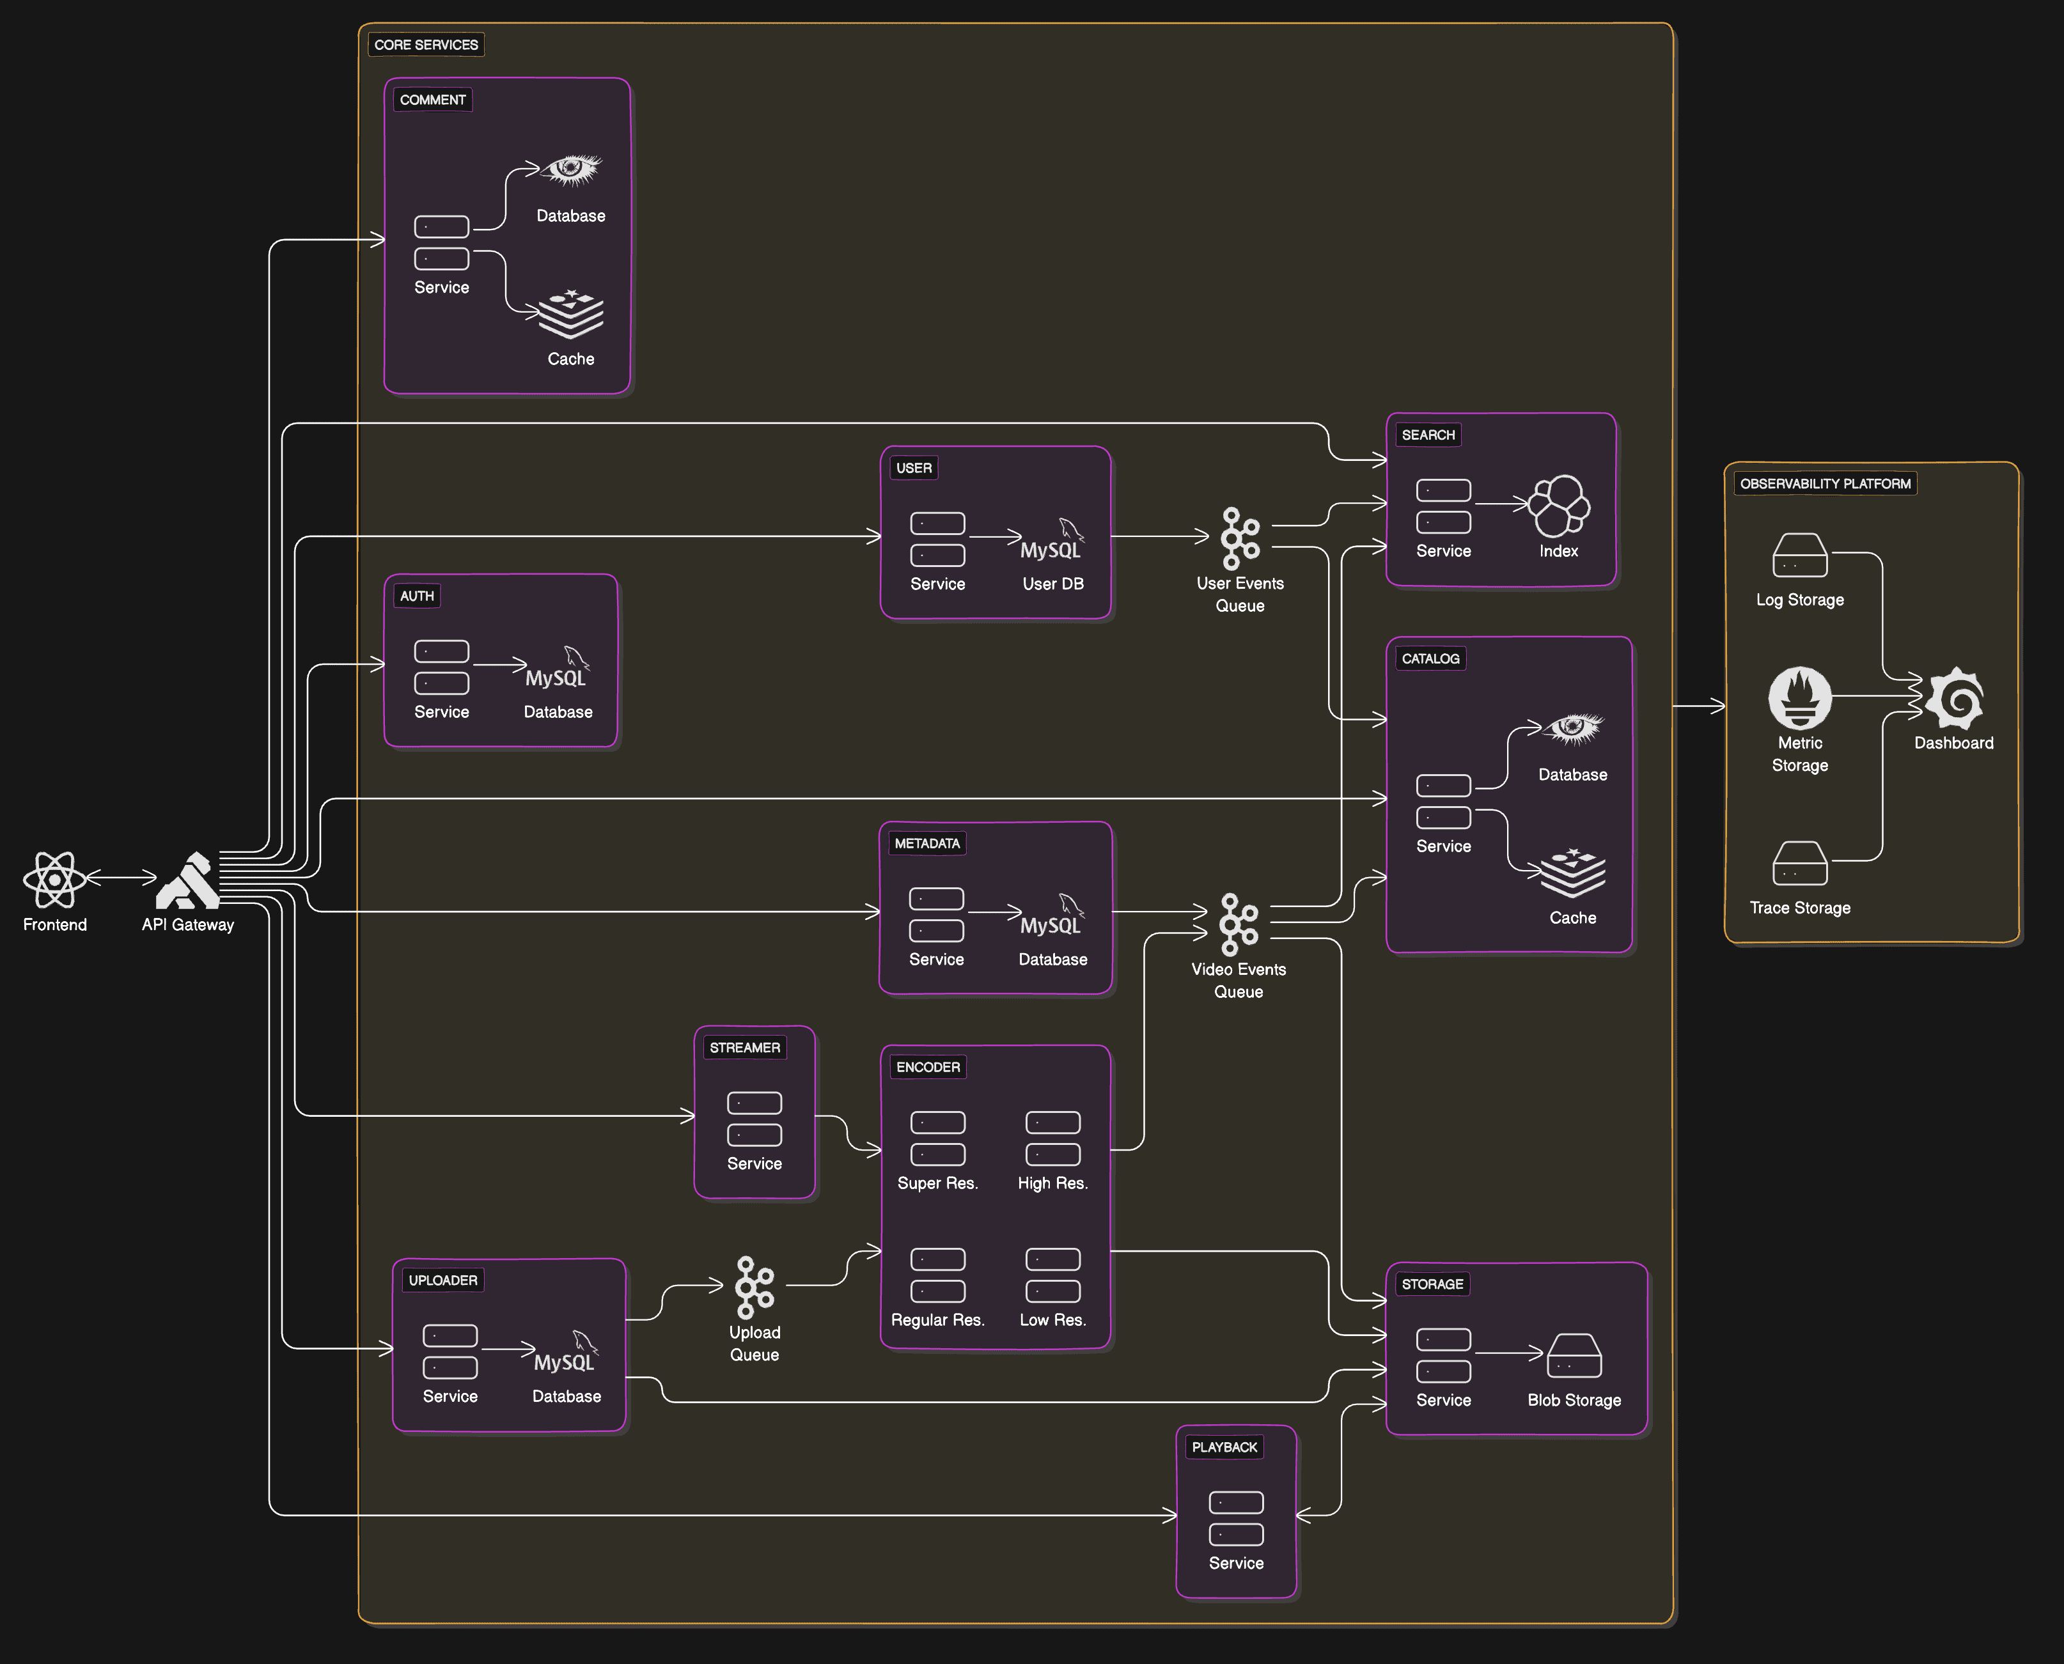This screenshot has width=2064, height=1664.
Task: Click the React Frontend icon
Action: click(x=54, y=879)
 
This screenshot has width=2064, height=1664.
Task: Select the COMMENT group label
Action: click(x=432, y=100)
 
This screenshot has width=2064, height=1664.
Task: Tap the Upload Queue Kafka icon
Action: click(x=754, y=1287)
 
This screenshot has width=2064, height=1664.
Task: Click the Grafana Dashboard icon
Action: click(x=1954, y=698)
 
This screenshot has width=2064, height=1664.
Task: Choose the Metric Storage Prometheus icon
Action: click(x=1799, y=698)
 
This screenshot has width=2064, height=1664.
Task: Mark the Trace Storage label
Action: click(x=1799, y=908)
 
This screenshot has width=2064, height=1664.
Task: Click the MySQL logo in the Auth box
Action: click(x=557, y=668)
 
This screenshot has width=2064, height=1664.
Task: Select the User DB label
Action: click(x=1052, y=584)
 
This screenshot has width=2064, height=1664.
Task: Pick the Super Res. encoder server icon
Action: click(x=937, y=1139)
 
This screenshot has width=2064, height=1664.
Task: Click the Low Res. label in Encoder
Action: click(x=1052, y=1320)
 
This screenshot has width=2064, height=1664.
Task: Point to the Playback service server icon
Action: click(x=1236, y=1518)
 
